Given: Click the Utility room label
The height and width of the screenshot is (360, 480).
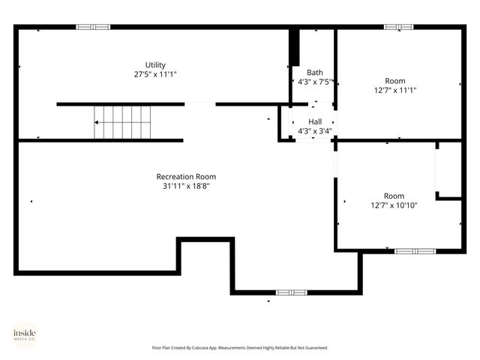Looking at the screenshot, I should [155, 64].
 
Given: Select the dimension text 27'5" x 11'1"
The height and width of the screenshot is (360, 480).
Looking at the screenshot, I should [155, 74].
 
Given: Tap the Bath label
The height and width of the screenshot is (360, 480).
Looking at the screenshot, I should [315, 73].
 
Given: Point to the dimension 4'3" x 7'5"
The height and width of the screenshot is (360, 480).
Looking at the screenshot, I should [315, 82].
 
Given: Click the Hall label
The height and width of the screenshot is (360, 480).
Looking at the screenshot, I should [315, 121].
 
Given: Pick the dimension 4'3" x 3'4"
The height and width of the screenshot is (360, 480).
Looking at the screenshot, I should [315, 130].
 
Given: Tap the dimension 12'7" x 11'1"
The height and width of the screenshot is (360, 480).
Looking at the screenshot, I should [394, 90].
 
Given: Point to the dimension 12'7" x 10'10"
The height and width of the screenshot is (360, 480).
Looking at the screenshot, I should [394, 205].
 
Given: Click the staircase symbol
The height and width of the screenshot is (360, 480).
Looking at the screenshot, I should [122, 122].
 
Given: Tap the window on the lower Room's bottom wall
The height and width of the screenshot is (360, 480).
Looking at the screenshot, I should [415, 250].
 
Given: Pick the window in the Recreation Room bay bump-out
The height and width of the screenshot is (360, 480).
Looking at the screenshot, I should [291, 292].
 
